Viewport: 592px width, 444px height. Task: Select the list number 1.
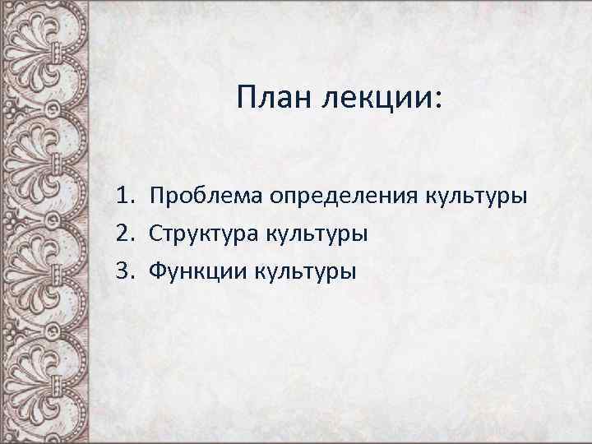pos(123,197)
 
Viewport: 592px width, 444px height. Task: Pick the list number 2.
pos(123,234)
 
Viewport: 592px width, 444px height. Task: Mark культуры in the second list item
pos(316,234)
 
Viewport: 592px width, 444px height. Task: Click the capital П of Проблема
pos(156,197)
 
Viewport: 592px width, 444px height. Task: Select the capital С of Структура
pos(155,234)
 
